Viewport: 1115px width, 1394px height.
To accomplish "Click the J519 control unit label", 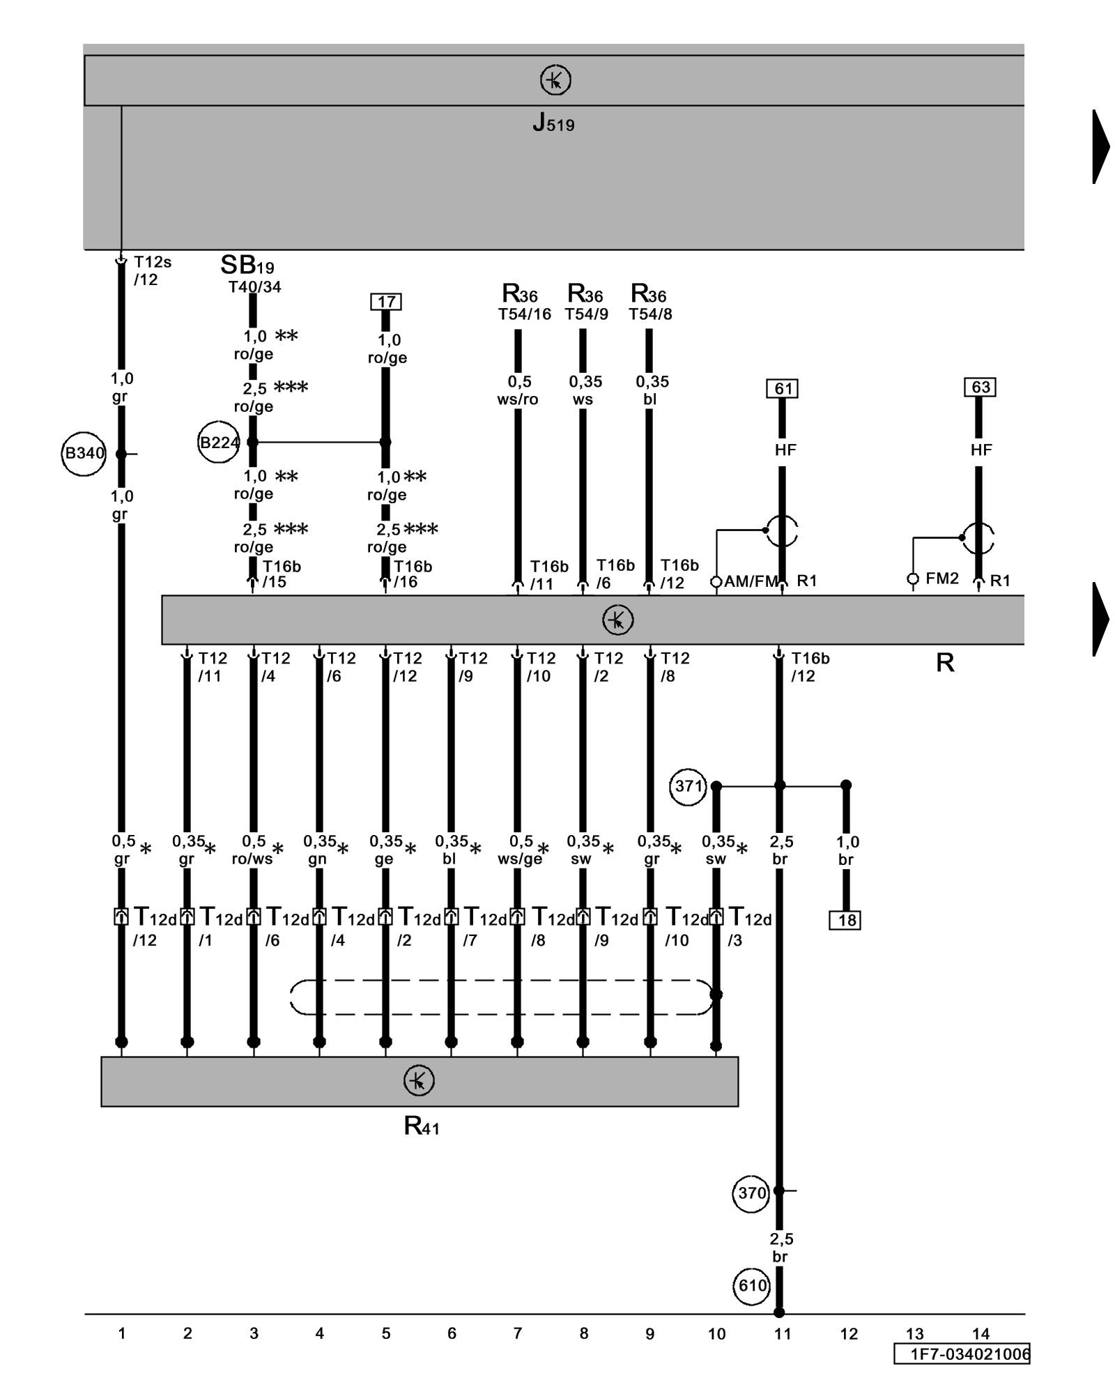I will coord(553,123).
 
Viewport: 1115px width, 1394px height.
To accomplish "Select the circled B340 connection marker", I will coord(84,454).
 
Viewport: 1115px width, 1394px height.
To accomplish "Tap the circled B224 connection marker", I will coord(219,442).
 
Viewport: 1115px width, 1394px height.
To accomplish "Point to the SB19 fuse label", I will coord(247,266).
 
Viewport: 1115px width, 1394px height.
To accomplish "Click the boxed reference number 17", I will coord(386,302).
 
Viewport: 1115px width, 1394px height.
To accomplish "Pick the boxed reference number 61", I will coord(782,388).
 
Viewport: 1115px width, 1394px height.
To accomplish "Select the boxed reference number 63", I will coord(980,387).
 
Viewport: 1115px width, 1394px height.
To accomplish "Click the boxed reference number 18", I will coord(845,920).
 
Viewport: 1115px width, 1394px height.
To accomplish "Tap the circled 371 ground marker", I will coord(689,786).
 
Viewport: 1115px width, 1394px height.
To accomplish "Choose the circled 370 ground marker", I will coord(751,1193).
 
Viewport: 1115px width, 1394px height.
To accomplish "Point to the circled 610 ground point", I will coord(752,1286).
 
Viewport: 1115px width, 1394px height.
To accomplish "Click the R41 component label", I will coord(422,1126).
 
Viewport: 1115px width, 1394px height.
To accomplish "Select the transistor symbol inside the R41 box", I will coord(419,1081).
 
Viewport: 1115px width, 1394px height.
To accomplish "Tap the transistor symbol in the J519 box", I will coord(555,80).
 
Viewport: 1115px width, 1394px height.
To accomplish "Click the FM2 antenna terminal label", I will coord(942,579).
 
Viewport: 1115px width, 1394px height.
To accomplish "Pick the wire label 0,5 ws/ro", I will coord(518,390).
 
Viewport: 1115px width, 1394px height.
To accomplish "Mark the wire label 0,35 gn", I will coord(318,850).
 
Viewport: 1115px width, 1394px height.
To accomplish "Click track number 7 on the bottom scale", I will coord(518,1333).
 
